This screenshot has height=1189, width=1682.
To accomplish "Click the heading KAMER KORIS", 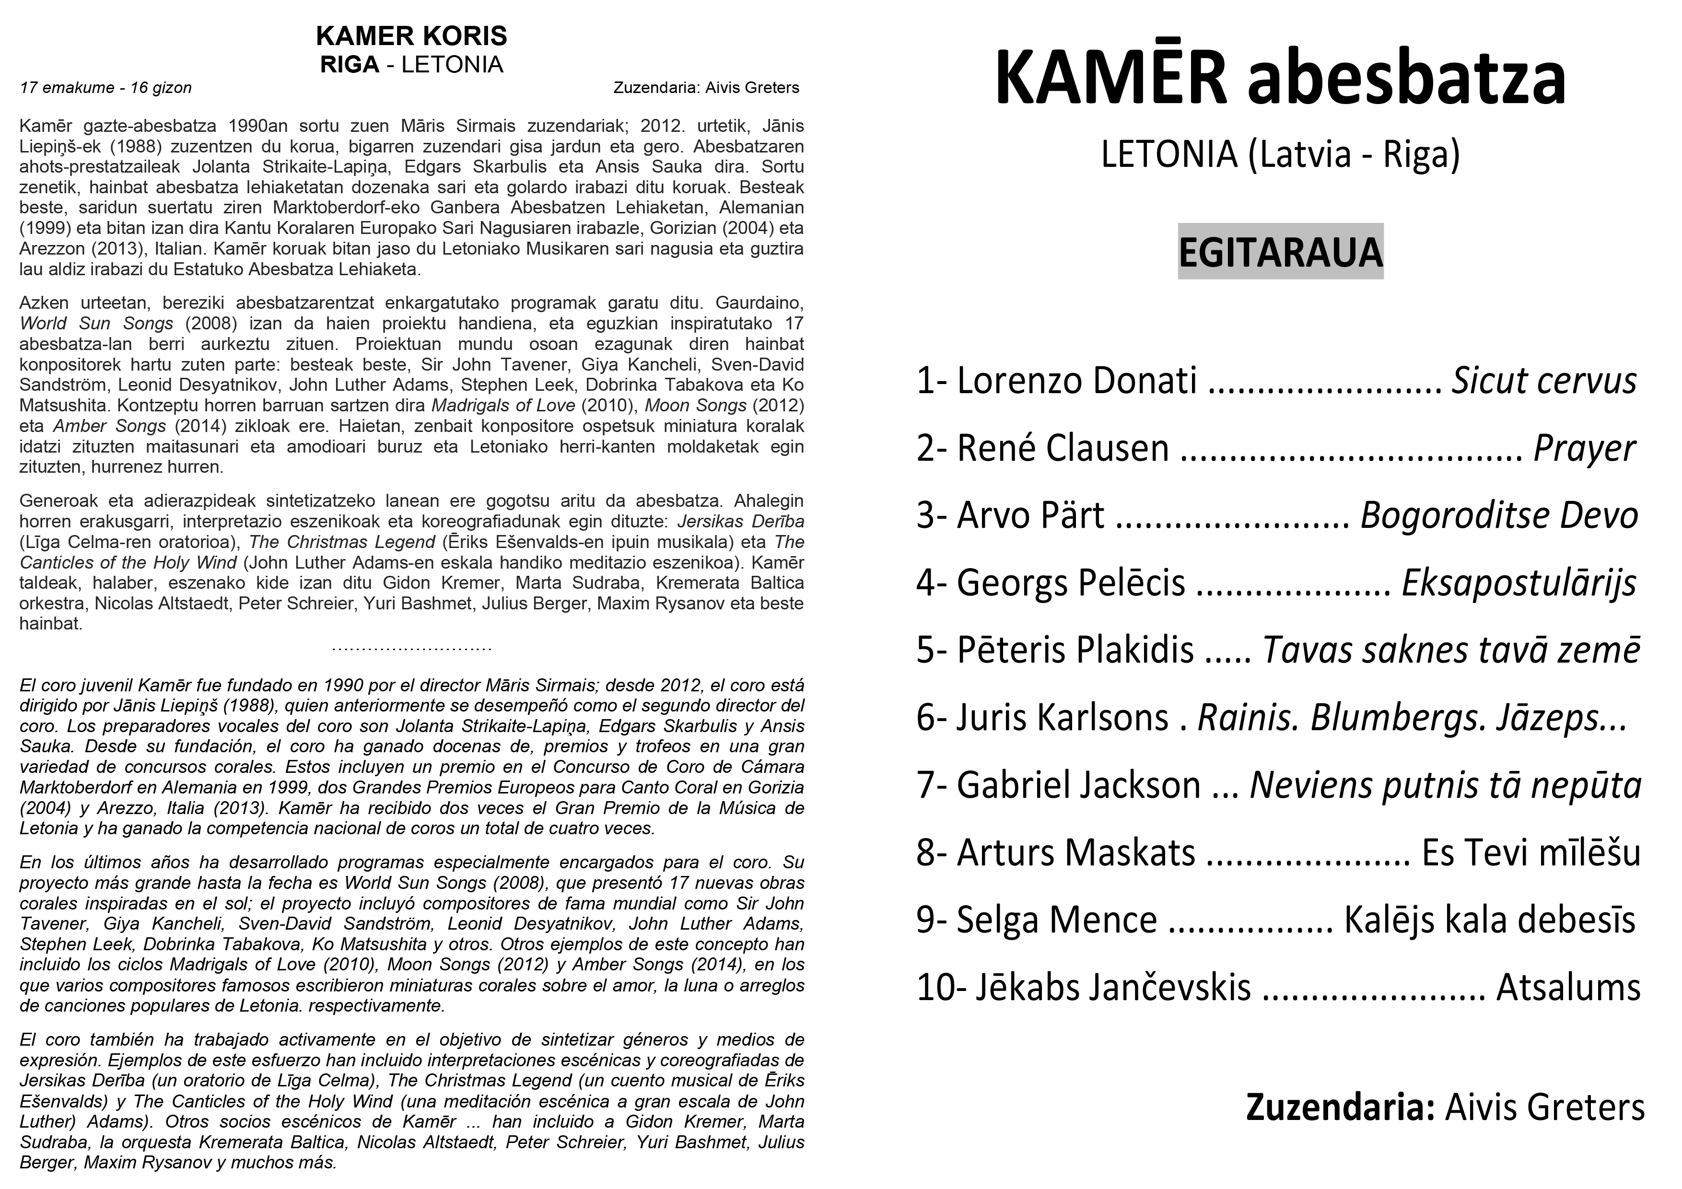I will point(411,36).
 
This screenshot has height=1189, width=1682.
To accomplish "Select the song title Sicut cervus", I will point(1544,381).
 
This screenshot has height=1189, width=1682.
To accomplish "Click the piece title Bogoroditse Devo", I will point(1499,516).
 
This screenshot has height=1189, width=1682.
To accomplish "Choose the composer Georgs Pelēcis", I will point(1070,583).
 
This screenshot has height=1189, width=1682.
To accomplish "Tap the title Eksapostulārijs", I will point(1518,583).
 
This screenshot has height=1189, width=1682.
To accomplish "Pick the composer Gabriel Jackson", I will point(1078,785).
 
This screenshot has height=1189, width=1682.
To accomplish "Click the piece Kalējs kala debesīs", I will point(1489,920).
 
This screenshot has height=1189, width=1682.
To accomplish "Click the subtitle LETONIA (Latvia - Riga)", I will point(1280,154).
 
